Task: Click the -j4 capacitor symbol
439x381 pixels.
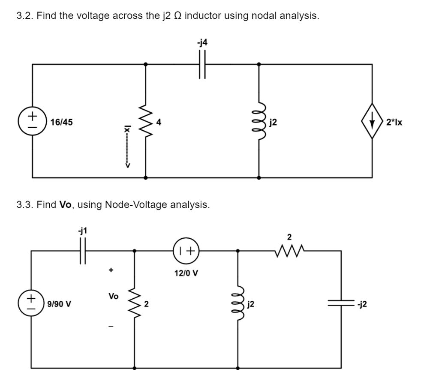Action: [x=202, y=64]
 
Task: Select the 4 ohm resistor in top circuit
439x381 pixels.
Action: [x=146, y=122]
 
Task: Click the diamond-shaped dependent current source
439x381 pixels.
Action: [x=372, y=121]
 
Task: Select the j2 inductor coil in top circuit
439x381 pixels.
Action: [x=259, y=122]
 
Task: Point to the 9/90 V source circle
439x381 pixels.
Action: [x=31, y=304]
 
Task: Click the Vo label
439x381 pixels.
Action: [x=113, y=296]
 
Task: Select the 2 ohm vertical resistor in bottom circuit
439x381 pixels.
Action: [x=135, y=304]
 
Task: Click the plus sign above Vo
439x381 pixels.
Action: [x=111, y=270]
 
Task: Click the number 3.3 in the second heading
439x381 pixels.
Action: [x=25, y=204]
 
